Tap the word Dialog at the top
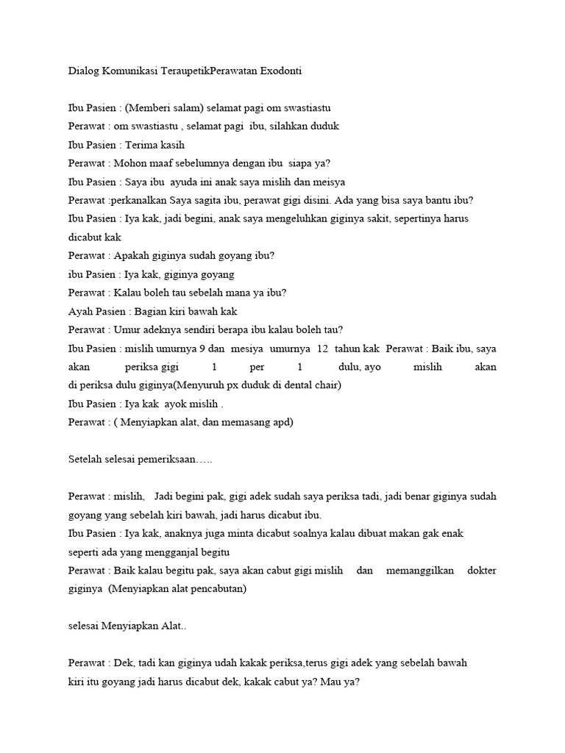tap(82, 71)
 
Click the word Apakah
tap(132, 255)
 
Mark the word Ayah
tap(80, 311)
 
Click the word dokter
tap(481, 570)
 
